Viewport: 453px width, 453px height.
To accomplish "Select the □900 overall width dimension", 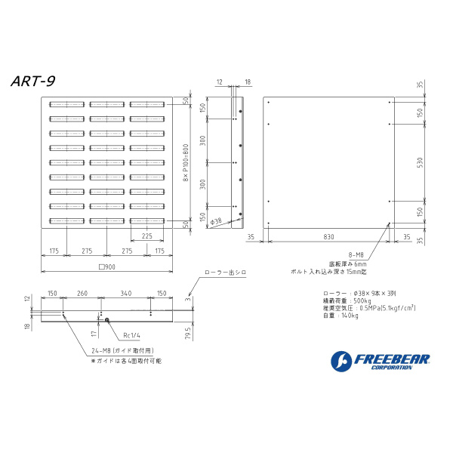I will pyautogui.click(x=107, y=266).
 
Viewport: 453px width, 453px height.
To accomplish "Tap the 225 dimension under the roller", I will pyautogui.click(x=148, y=235).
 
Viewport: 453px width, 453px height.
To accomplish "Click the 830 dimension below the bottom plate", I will pyautogui.click(x=328, y=237).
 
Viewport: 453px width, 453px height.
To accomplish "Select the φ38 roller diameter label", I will pyautogui.click(x=215, y=222).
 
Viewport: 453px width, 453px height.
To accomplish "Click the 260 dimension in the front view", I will pyautogui.click(x=82, y=293).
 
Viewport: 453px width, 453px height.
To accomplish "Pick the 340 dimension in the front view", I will pyautogui.click(x=125, y=293).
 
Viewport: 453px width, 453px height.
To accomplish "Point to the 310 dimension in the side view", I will pyautogui.click(x=202, y=140).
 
